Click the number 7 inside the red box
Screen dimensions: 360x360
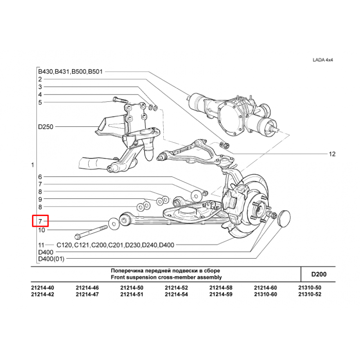tap(40, 221)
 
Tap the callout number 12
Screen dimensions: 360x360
tap(332, 154)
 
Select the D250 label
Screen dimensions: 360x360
tap(46, 127)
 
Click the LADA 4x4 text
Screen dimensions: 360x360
tap(323, 60)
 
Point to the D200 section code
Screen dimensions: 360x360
tap(319, 274)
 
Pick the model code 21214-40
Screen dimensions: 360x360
tap(42, 288)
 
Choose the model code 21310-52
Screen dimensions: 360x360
tap(310, 294)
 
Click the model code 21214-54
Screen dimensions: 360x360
tap(176, 294)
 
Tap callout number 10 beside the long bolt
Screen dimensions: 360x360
tap(41, 230)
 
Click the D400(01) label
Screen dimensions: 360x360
tap(51, 259)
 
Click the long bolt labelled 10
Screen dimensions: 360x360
tap(91, 232)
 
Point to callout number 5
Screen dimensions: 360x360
tap(40, 103)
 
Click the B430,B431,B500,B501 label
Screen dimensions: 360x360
tap(70, 72)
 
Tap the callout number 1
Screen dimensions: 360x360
tap(32, 165)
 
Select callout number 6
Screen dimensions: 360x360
tap(40, 177)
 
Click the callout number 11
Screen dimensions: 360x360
tap(41, 245)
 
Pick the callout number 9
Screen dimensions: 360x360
tap(40, 199)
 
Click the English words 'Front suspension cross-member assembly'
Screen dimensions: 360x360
tap(166, 277)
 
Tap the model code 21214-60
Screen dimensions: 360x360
tap(265, 288)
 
